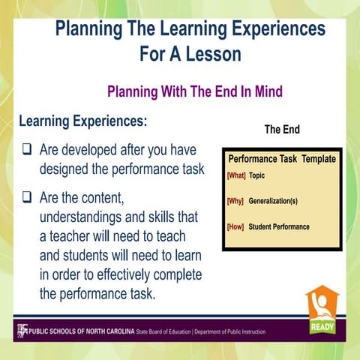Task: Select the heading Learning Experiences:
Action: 82,121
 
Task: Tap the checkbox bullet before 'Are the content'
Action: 25,199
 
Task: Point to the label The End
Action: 281,130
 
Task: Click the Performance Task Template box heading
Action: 281,159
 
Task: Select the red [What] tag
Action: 235,175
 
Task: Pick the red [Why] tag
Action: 235,201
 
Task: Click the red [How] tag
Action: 235,226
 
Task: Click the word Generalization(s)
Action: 278,201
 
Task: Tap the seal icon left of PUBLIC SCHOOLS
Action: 22,330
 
